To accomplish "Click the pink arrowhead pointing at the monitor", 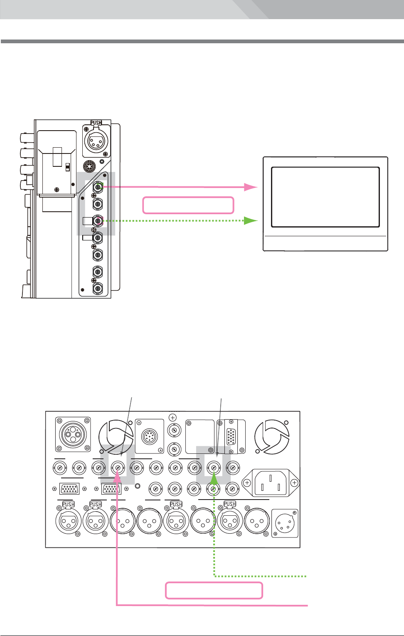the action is [x=251, y=187].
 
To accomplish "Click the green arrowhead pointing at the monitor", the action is [x=251, y=220].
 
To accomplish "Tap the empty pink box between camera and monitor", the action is [x=188, y=205].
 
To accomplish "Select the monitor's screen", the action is [x=325, y=197].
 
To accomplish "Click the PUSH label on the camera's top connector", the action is [x=96, y=123].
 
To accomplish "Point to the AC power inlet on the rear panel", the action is [x=271, y=483].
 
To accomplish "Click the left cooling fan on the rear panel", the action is [x=116, y=436].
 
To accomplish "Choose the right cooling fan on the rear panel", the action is [x=272, y=436].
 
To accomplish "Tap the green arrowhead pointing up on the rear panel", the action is [x=214, y=478].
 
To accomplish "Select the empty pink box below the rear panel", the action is [x=214, y=590].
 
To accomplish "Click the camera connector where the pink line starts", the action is [x=98, y=187].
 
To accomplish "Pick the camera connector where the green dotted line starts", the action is [x=98, y=220].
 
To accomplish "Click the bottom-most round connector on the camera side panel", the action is [x=98, y=289].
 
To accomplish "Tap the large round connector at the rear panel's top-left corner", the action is [x=73, y=434].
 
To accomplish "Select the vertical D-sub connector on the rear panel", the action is [x=231, y=436].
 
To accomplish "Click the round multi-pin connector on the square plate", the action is [x=149, y=436].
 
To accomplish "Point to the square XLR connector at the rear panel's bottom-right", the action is [x=285, y=523].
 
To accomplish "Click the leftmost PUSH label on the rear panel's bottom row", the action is [x=69, y=504].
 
